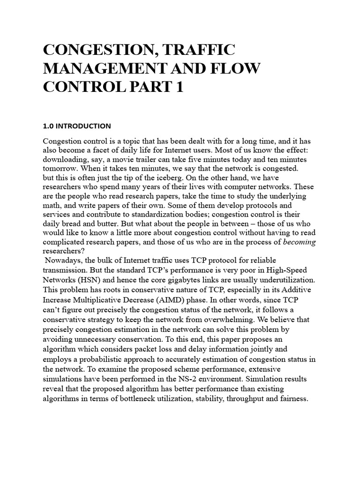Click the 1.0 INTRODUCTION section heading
pyautogui.click(x=77, y=126)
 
